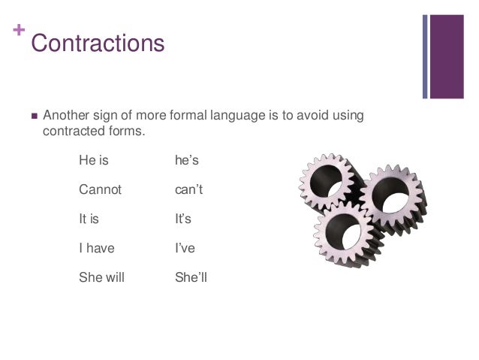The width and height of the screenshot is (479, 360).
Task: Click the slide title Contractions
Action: pos(97,43)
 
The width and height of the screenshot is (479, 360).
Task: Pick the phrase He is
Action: pos(94,160)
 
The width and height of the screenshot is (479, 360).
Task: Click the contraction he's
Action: pos(186,160)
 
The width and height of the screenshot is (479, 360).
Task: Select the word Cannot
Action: pos(100,189)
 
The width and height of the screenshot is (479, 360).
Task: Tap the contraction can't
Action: pos(188,189)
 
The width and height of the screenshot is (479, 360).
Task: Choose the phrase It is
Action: pos(92,219)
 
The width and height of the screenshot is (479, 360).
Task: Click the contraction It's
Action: pos(183,219)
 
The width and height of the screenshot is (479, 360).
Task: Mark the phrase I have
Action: pos(97,248)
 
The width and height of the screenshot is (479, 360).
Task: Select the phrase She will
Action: pos(101,277)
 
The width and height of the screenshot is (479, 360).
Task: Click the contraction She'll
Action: pos(191,277)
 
